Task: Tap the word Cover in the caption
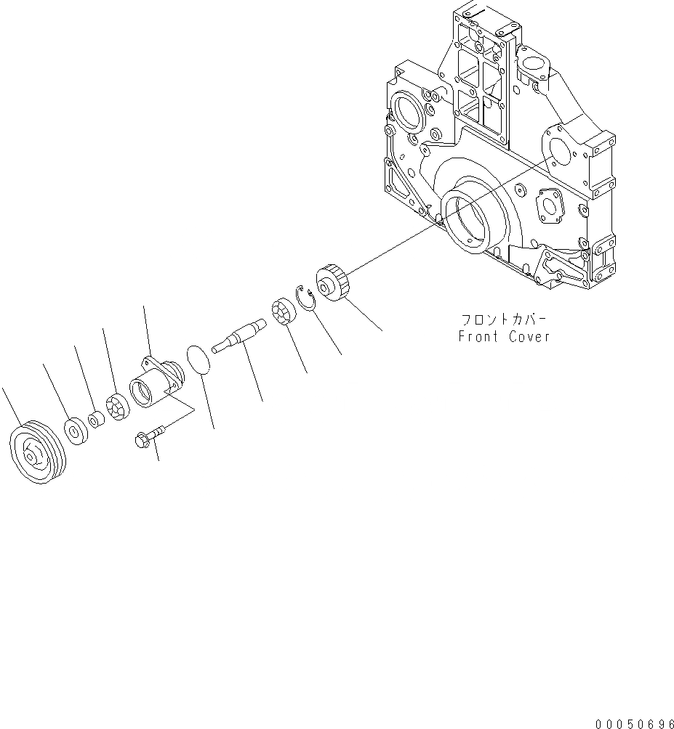[529, 337]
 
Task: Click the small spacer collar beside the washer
[95, 420]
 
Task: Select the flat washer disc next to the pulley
[75, 429]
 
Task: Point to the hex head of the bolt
[143, 439]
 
